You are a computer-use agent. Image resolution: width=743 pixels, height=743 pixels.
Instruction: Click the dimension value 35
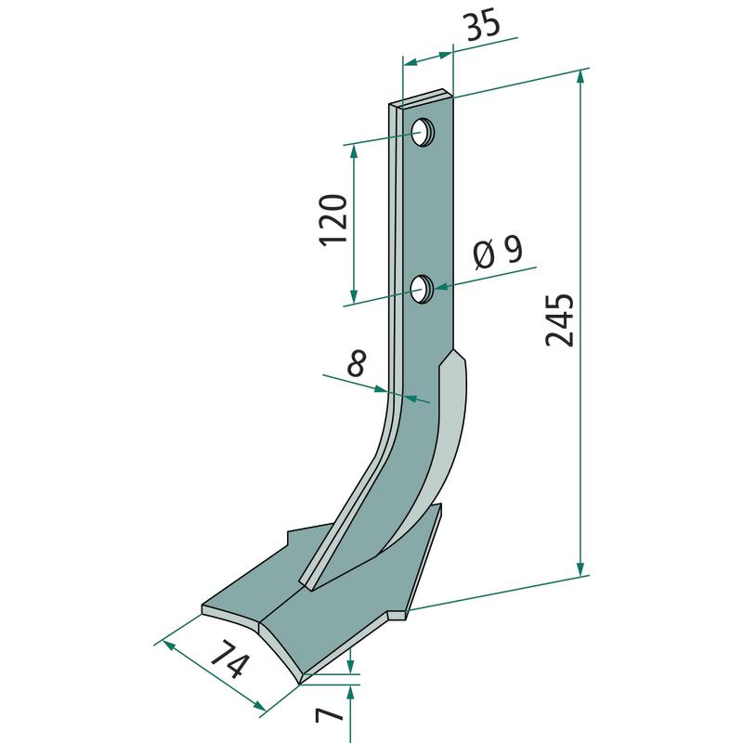483,24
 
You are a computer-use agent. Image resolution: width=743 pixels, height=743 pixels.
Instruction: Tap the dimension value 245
560,320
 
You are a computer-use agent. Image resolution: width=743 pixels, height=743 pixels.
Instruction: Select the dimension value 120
333,219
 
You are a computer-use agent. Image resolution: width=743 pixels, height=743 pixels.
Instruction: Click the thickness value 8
357,362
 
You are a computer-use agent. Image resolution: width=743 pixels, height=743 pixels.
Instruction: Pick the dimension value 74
228,658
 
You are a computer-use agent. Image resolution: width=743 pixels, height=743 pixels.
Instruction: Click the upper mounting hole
422,133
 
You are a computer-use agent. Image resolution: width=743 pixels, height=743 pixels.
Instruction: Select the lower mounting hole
421,289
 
